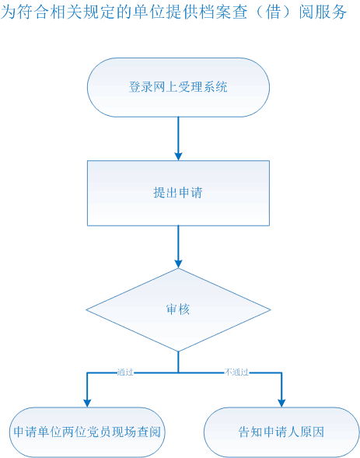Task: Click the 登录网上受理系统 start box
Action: coord(178,87)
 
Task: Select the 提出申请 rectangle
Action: coord(178,193)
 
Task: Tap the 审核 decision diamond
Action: coord(178,309)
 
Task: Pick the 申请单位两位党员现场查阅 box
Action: coord(87,432)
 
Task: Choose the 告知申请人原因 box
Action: coord(281,432)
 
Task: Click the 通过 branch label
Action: coord(125,372)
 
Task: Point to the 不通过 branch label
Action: coord(236,372)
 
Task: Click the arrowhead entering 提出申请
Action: coord(178,156)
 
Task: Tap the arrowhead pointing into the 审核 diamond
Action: coord(178,264)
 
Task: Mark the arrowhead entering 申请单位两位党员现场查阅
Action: coord(87,403)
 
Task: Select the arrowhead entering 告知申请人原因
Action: coord(281,403)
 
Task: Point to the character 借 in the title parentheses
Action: coord(273,12)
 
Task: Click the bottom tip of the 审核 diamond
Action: coord(178,351)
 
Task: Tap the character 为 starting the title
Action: coord(8,12)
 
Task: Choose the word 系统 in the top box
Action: coord(215,87)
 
